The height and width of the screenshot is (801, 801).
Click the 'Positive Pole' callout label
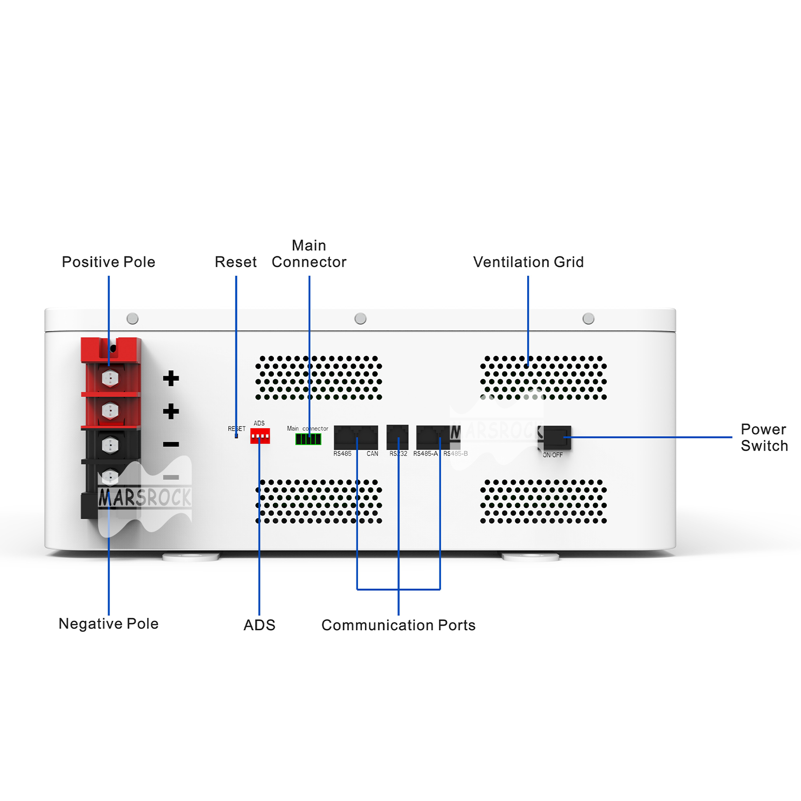108,262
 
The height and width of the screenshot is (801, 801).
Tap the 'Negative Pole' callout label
108,624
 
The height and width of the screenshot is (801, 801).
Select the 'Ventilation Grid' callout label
528,262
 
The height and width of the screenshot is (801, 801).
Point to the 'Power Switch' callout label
764,438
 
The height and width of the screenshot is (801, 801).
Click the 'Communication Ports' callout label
398,625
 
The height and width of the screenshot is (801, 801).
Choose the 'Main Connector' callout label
309,254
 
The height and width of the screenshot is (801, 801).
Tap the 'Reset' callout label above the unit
235,262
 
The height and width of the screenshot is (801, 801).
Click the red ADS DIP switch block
260,436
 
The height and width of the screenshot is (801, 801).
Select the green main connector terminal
308,439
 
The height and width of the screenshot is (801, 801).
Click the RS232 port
397,437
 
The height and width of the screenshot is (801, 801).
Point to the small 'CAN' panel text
372,454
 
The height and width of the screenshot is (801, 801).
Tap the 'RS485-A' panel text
425,454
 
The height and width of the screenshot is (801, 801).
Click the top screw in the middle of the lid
360,318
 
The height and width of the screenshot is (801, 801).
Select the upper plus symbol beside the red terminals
171,378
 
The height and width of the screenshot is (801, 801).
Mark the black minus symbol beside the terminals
171,444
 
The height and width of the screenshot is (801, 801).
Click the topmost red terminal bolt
110,378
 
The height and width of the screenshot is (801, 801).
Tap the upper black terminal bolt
110,445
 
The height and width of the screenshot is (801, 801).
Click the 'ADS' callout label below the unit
259,625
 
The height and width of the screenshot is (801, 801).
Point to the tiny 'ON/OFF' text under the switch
553,455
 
